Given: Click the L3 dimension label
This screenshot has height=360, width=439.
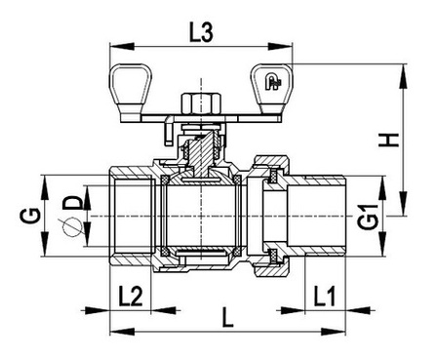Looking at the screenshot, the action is pos(201,33).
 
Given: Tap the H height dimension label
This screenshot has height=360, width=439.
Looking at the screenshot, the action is pos(388,140).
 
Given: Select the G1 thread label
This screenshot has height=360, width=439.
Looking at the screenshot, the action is pos(369,217).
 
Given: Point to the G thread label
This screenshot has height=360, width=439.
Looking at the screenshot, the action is pos(31,216).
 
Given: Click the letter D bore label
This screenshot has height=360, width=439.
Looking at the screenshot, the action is pos(72,202).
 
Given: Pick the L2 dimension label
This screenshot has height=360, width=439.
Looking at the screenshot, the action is pos(130,296).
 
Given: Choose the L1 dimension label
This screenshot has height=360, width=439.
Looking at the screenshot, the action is pos(324,296).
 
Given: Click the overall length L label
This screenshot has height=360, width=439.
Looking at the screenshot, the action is pos(227,317).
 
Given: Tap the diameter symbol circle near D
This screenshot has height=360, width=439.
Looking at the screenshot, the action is pos(71,226).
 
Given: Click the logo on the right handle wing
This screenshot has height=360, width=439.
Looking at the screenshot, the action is pos(272,82).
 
